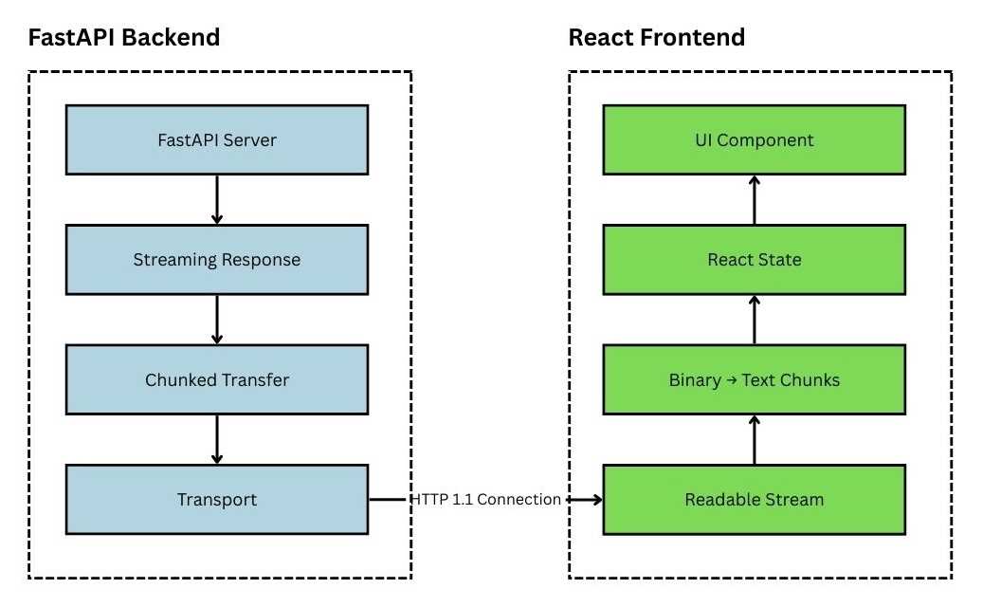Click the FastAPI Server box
click(x=216, y=139)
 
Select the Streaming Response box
click(x=216, y=259)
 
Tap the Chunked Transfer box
click(x=216, y=379)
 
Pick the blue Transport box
click(x=216, y=499)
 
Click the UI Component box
click(x=754, y=139)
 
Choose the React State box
click(x=754, y=259)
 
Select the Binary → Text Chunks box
click(x=754, y=379)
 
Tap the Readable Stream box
click(x=754, y=499)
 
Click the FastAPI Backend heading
click(x=123, y=38)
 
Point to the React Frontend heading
click(x=656, y=38)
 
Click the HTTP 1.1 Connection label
click(x=485, y=499)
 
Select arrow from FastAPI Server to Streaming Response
click(x=217, y=199)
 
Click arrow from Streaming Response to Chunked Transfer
click(x=217, y=320)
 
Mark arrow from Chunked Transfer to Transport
click(x=217, y=439)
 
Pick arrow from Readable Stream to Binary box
click(x=755, y=439)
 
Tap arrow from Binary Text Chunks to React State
click(x=755, y=320)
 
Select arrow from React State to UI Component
click(x=755, y=199)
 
